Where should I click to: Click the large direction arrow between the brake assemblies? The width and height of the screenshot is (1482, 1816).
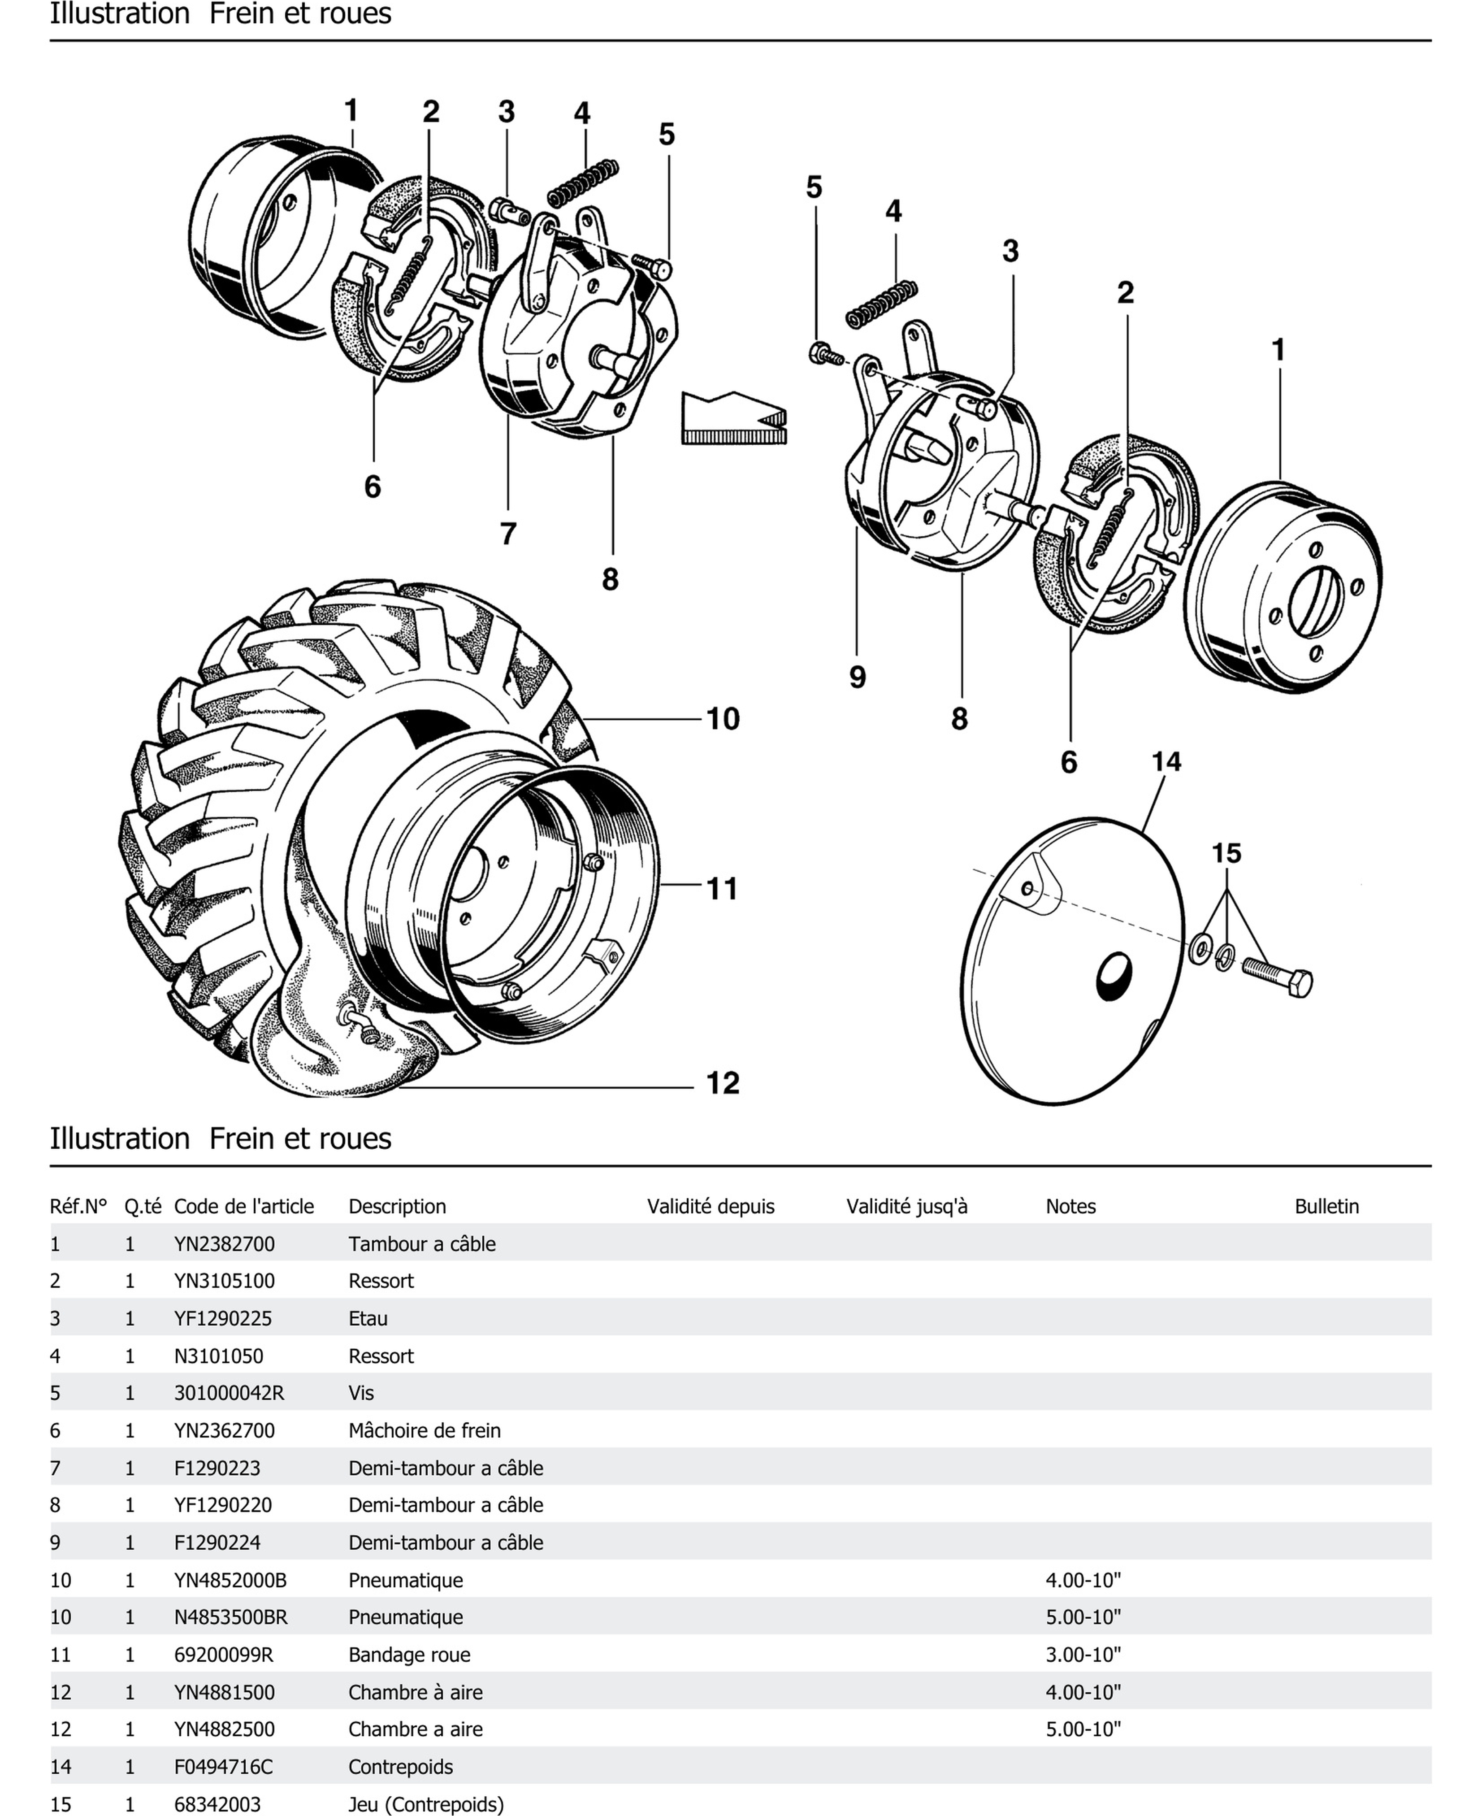pos(732,418)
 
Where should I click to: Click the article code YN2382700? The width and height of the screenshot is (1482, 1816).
pos(225,1244)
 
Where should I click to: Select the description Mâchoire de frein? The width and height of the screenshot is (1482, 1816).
pos(424,1430)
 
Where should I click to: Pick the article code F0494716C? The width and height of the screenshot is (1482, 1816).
pos(224,1767)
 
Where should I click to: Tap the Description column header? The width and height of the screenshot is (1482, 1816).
pos(397,1206)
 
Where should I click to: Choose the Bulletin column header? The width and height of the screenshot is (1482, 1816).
pos(1326,1206)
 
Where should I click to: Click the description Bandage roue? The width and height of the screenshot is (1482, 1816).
pos(409,1655)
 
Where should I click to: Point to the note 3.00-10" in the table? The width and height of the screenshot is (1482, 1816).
pos(1083,1655)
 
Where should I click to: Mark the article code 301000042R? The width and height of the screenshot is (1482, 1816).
pos(229,1393)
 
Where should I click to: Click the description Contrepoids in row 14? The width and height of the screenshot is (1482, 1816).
pos(400,1767)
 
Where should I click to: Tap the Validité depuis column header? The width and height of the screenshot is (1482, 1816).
pos(710,1206)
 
